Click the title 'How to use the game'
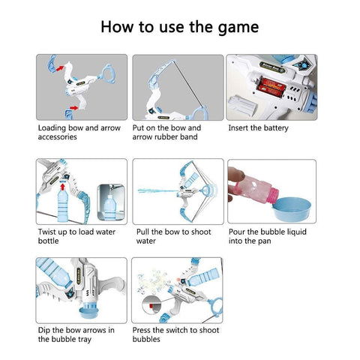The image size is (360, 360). point(180,27)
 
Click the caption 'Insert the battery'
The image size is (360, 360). point(258,127)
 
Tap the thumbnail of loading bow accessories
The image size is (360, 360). point(81,86)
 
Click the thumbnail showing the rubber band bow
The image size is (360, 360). point(178,86)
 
